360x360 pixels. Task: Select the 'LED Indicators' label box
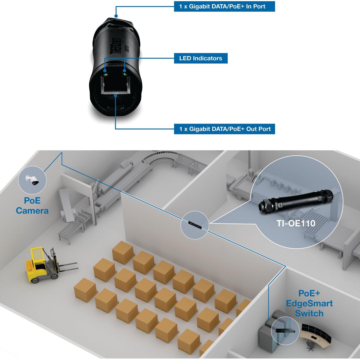[201, 58]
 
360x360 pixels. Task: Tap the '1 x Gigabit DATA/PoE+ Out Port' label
[224, 129]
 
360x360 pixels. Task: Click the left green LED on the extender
[105, 71]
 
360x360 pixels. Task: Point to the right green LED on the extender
[124, 71]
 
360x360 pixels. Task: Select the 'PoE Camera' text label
[32, 205]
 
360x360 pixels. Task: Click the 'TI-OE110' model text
[296, 223]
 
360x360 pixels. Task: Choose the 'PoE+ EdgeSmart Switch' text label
[309, 303]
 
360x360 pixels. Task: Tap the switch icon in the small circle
[285, 331]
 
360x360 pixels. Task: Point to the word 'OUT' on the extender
[115, 64]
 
